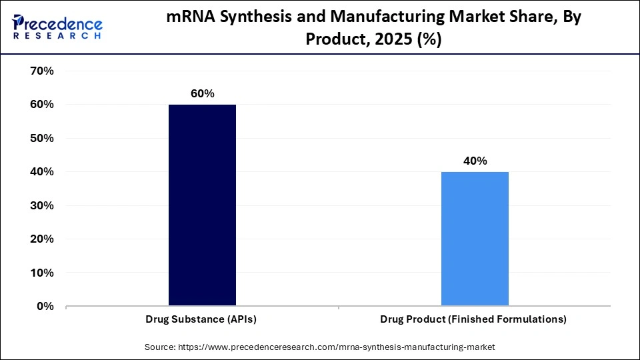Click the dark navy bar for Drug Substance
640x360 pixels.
[202, 205]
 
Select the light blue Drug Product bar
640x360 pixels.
[475, 239]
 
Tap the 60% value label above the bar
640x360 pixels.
[202, 94]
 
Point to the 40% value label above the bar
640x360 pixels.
[475, 161]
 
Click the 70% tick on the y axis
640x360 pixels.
[41, 71]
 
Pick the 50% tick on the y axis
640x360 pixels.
[41, 138]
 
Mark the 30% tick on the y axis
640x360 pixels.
[41, 205]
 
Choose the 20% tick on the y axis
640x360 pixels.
[41, 239]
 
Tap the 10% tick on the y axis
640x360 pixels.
[41, 273]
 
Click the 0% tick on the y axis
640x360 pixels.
[44, 307]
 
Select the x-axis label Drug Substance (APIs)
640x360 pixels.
[201, 319]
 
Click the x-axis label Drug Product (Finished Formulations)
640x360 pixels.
[473, 319]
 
